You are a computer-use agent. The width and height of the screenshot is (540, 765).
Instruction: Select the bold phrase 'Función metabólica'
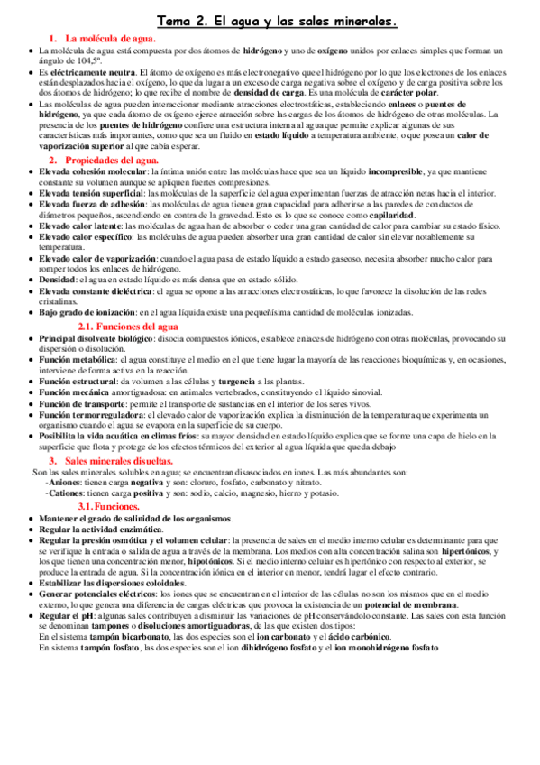(75, 360)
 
